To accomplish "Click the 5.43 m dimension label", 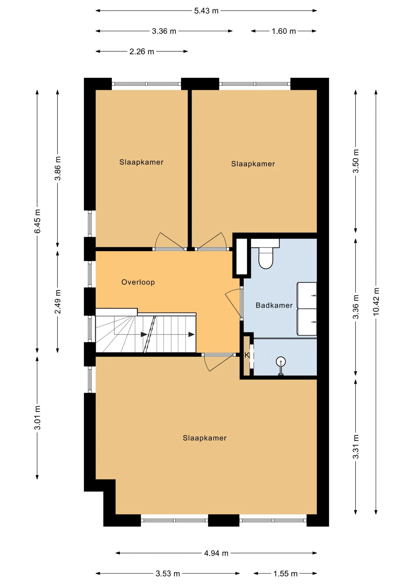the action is coord(206,11).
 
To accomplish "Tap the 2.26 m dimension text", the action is coord(142,52).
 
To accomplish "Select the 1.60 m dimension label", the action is coord(284,31).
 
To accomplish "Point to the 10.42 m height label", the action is coord(376,301).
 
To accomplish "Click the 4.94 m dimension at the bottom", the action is coord(216,553).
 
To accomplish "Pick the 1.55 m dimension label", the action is coord(285,574).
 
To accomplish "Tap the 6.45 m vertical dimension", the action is coord(37,221).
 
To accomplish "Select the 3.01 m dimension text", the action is coord(37,418).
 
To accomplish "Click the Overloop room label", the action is coord(138,282).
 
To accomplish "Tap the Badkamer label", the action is coord(274,305).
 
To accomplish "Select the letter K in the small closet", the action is coord(247,355).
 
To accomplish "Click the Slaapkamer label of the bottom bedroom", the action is coord(205,438).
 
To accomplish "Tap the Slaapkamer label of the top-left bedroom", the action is coord(141,162).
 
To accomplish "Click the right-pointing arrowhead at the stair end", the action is coord(191,335).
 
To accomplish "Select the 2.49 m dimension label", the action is coord(58,302).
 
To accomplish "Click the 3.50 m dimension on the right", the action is coord(356,161).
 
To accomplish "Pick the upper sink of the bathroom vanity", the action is coord(307,296).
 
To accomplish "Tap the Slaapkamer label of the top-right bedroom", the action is coord(253,164).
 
